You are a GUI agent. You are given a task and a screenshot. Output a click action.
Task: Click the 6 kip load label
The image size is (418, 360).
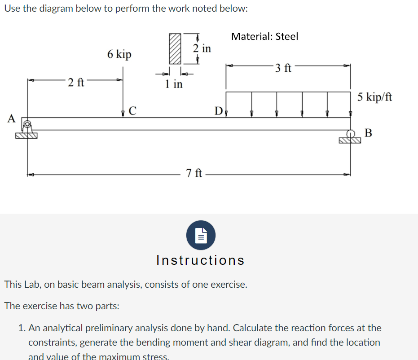[x=119, y=54]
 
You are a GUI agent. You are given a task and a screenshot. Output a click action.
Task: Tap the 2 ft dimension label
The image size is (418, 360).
[x=76, y=83]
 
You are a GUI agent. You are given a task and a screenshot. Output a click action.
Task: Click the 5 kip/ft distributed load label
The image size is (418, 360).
[x=375, y=97]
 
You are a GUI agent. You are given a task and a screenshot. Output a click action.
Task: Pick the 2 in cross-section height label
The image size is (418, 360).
[x=202, y=48]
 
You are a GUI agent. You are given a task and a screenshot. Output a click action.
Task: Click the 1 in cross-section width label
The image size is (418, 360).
[x=174, y=83]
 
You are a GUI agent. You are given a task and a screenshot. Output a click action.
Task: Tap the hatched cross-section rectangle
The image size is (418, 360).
[x=174, y=48]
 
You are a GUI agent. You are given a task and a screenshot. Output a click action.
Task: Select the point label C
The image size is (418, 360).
[x=133, y=110]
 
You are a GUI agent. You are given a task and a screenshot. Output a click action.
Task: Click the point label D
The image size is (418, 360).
[x=218, y=110]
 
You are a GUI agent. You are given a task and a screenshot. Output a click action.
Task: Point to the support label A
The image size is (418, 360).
[x=12, y=119]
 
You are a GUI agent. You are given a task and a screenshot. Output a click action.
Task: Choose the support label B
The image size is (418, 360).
[x=368, y=132]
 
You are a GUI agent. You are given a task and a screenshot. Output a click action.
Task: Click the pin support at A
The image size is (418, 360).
[x=27, y=129]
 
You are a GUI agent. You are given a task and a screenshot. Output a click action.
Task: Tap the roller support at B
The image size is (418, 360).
[x=350, y=136]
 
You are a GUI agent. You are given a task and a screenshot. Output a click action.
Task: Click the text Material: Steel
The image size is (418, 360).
[x=264, y=36]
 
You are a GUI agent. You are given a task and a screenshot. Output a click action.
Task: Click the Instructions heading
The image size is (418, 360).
[x=200, y=260]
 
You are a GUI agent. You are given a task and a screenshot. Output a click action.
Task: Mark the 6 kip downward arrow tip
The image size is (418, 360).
[x=123, y=116]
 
